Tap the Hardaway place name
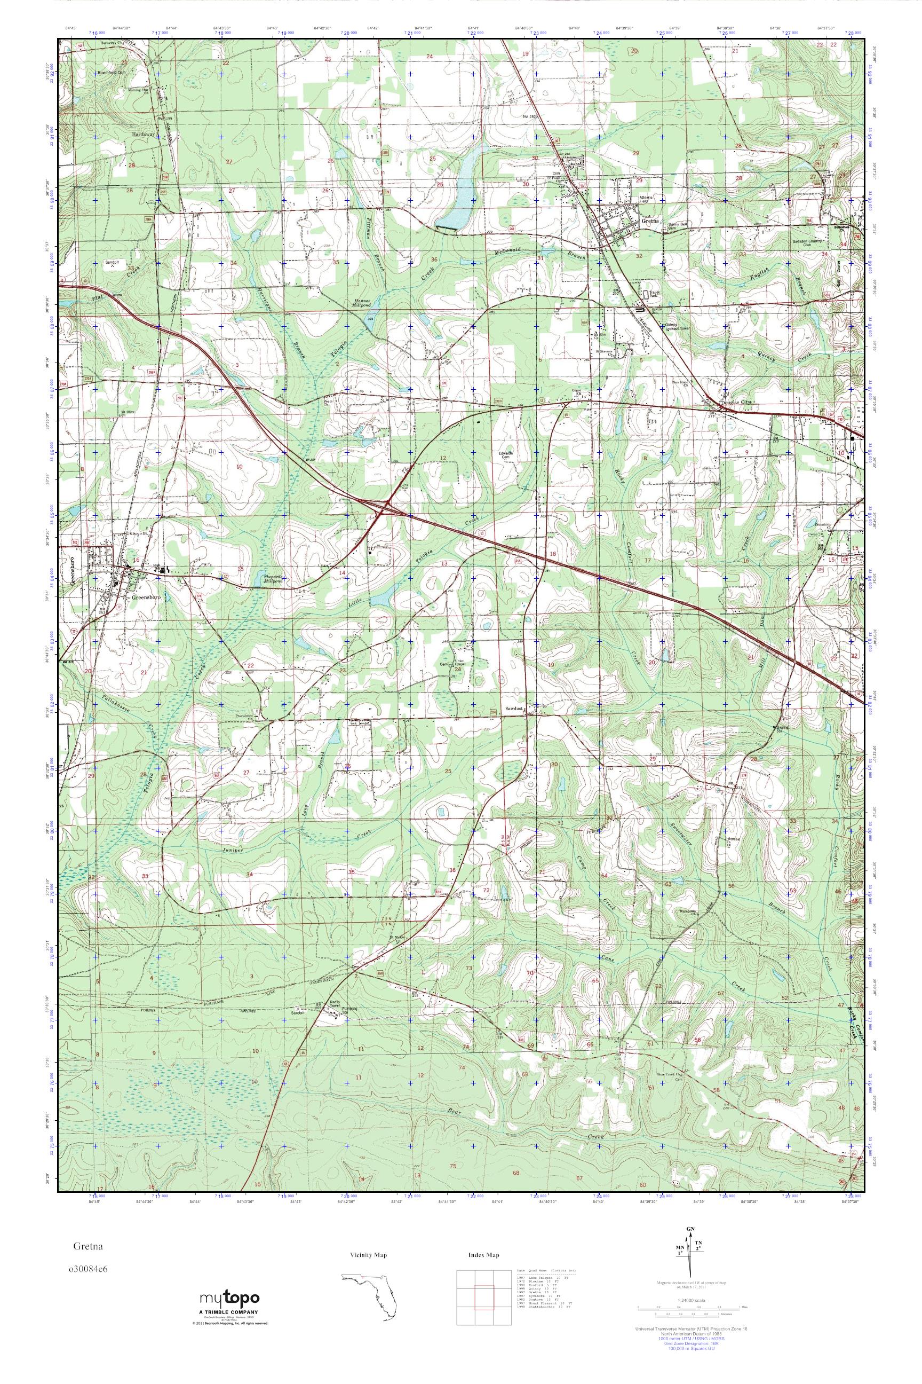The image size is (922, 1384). (x=142, y=134)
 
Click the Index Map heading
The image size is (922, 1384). (x=484, y=1255)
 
